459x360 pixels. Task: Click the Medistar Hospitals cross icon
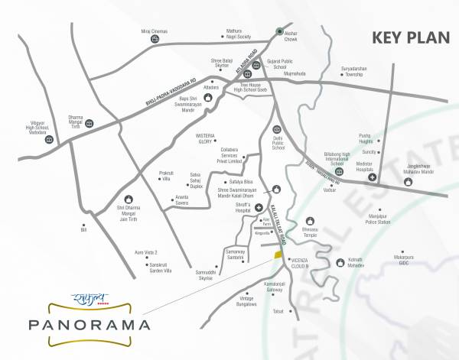(372, 177)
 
